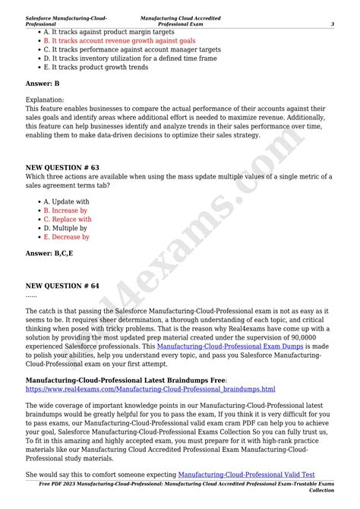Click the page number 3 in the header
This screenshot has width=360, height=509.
(333, 24)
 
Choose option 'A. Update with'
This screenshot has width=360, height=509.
(66, 202)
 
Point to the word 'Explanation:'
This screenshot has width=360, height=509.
(45, 100)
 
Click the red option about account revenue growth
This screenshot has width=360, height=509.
(119, 40)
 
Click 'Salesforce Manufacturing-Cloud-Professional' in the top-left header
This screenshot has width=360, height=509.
(66, 21)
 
